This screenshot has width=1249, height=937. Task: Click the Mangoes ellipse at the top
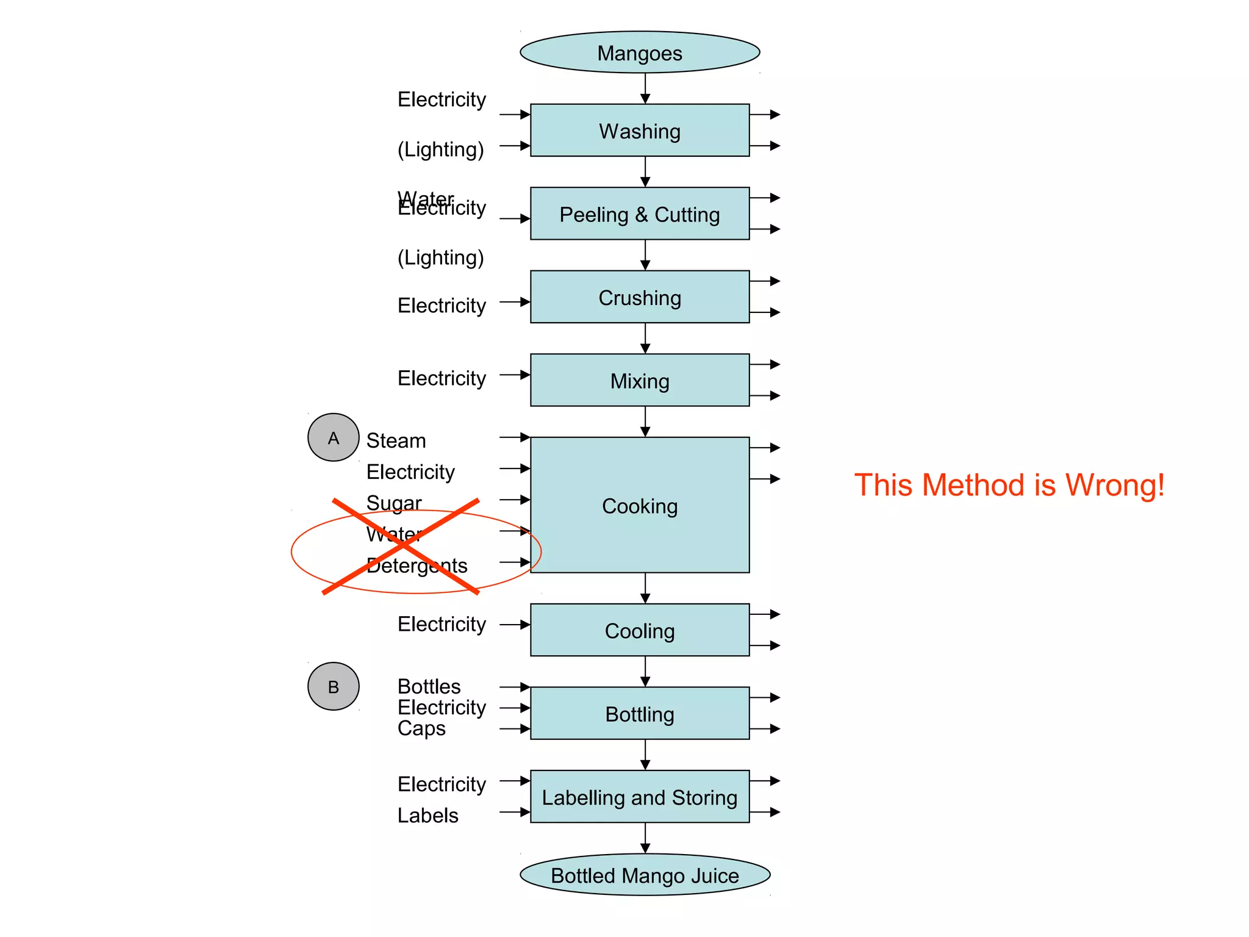click(x=639, y=52)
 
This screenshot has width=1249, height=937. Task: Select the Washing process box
click(x=639, y=131)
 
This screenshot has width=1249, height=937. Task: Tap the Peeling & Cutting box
click(x=639, y=214)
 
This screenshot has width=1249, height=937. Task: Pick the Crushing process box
click(x=639, y=297)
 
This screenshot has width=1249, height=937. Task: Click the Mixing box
click(x=639, y=381)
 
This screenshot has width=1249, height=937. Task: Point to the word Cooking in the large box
click(x=639, y=506)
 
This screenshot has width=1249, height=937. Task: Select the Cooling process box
click(x=639, y=630)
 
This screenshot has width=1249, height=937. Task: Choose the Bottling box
click(x=639, y=714)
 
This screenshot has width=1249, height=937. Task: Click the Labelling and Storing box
click(x=639, y=797)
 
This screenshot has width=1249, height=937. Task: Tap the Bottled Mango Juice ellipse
click(x=645, y=875)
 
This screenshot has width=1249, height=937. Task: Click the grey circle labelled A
click(x=333, y=437)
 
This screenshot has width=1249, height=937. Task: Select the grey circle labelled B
click(x=333, y=686)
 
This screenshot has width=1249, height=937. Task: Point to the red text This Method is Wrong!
click(x=1009, y=485)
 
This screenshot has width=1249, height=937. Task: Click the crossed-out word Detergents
click(x=417, y=565)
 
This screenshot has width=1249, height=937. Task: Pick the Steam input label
click(x=396, y=440)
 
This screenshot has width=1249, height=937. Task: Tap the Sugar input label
click(x=393, y=503)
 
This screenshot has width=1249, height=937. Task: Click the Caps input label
click(x=421, y=728)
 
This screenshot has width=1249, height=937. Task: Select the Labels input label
click(x=428, y=816)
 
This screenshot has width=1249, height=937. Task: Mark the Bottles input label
click(x=429, y=686)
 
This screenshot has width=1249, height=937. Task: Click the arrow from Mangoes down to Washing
click(x=645, y=89)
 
